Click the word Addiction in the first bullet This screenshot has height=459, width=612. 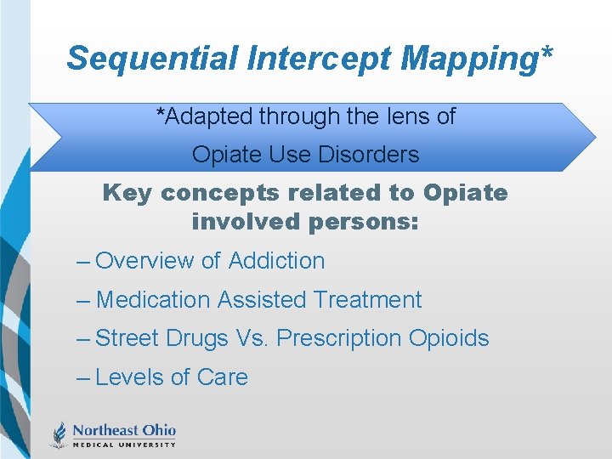276,261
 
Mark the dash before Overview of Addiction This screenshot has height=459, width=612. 83,262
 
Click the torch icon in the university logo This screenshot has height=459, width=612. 59,433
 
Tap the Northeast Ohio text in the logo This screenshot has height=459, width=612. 124,430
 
